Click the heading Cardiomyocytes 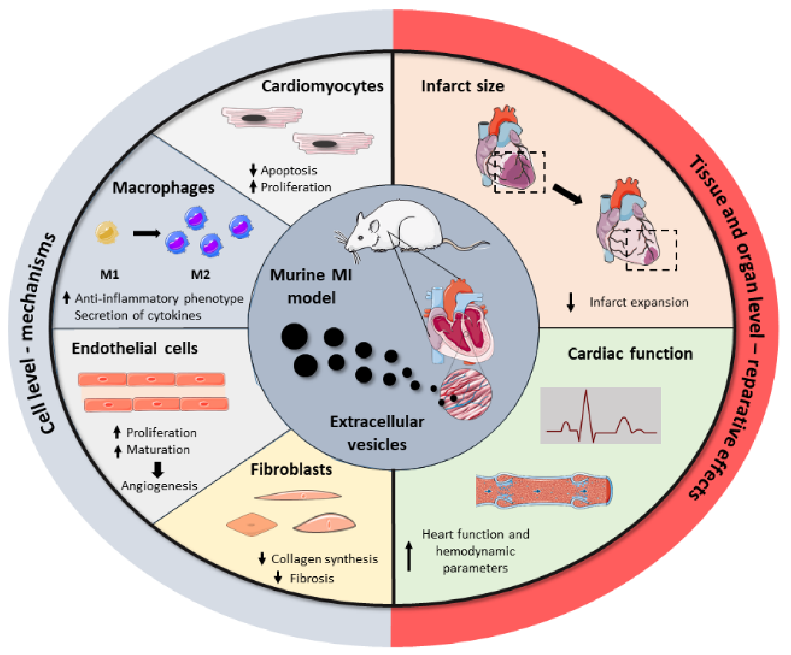pos(322,86)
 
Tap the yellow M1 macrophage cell pos(107,232)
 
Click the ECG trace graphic pos(600,415)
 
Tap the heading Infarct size pos(463,86)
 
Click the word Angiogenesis pos(159,486)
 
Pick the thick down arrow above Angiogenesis pos(158,469)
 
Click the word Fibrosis pos(312,578)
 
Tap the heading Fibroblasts pos(291,469)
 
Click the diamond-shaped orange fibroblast pos(252,524)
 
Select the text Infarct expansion pos(639,302)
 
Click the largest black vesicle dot pos(294,336)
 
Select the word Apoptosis pos(289,170)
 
